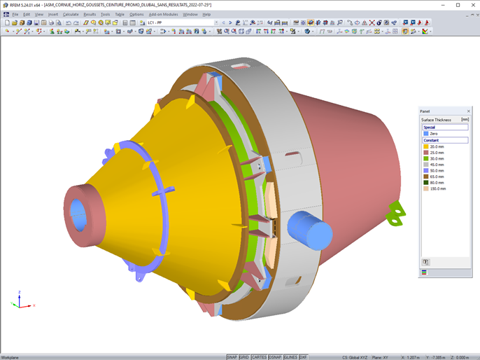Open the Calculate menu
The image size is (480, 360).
point(70,14)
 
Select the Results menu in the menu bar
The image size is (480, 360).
point(89,14)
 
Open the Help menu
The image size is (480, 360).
point(206,14)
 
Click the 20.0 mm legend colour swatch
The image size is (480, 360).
point(425,146)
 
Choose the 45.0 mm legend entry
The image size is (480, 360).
point(437,165)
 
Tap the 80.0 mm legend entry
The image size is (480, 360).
point(437,183)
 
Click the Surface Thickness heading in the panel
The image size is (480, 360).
point(436,120)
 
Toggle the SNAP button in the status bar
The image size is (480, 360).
point(232,356)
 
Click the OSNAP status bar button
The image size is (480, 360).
point(275,356)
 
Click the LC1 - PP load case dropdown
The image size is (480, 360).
point(178,22)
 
